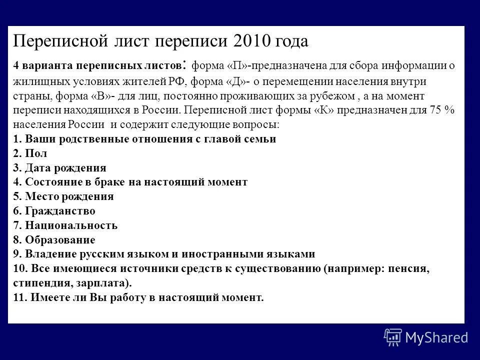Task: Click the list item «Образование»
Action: (x=60, y=239)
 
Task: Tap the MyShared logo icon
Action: (x=392, y=337)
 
